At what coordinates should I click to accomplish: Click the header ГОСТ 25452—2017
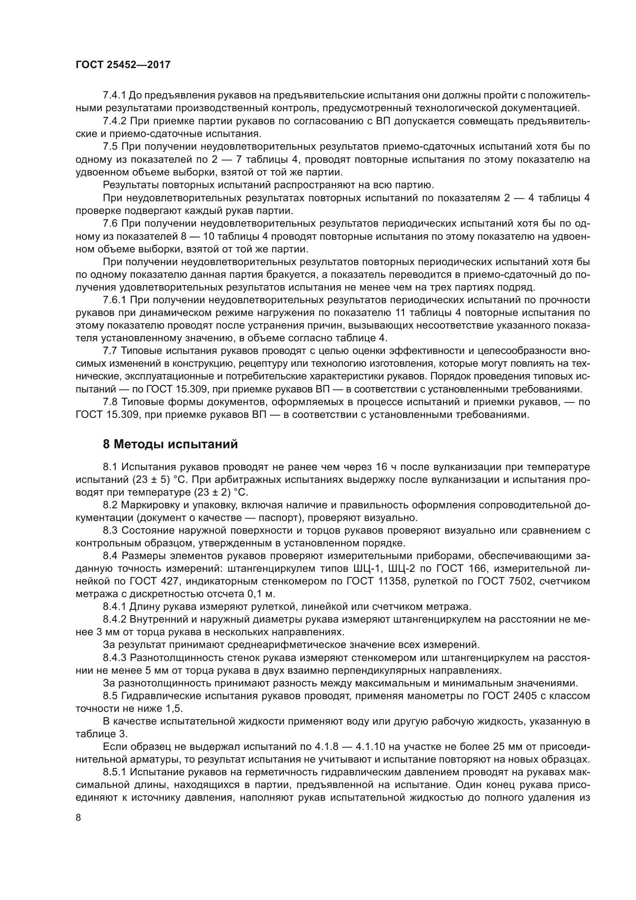pyautogui.click(x=123, y=65)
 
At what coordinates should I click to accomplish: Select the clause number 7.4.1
pyautogui.click(x=114, y=95)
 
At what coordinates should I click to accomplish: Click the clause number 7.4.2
pyautogui.click(x=114, y=121)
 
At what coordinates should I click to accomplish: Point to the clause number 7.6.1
pyautogui.click(x=114, y=300)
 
